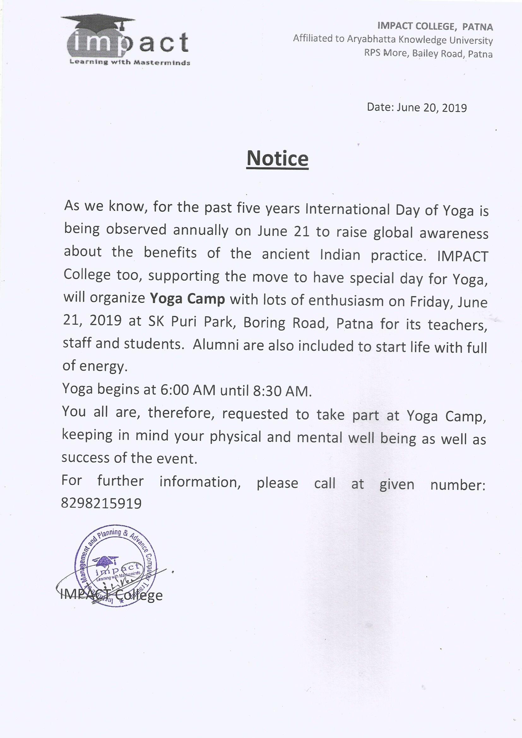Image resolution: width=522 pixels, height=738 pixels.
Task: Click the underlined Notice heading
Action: point(277,158)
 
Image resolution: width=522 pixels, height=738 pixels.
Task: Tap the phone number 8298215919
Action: point(101,503)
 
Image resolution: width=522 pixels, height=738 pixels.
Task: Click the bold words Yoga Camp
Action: point(187,299)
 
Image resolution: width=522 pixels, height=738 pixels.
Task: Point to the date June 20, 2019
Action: point(431,108)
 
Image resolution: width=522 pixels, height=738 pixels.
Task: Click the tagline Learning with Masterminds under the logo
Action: point(130,62)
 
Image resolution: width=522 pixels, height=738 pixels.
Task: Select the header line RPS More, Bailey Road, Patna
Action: point(428,53)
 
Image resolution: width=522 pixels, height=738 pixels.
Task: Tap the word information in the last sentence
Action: point(200,482)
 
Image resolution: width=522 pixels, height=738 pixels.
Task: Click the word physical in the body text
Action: point(235,437)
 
